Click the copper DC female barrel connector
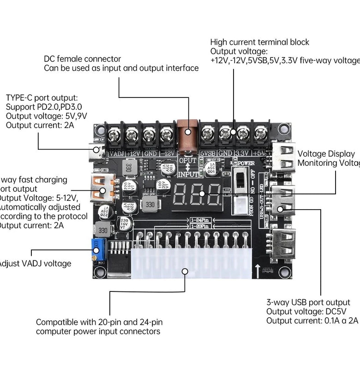coord(187,134)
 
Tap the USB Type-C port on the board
coord(97,149)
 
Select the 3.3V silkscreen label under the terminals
coord(241,153)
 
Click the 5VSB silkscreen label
coord(208,153)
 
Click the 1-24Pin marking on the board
coord(199,220)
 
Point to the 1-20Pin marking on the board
coord(199,226)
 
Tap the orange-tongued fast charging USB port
coord(101,189)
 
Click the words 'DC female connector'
coord(83,59)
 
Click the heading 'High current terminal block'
coord(260,42)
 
